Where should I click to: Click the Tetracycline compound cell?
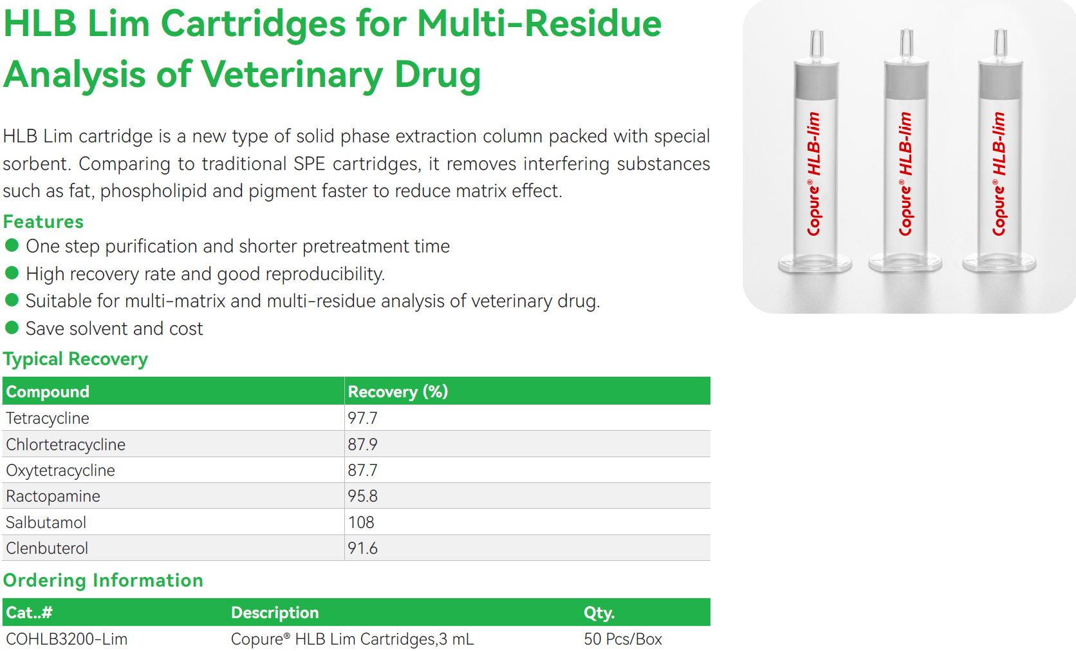coord(48,419)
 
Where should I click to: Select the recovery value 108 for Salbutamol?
coord(361,522)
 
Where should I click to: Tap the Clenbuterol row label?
coord(46,548)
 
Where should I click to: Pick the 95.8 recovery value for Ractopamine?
coord(363,496)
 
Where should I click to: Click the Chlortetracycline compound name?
coord(66,444)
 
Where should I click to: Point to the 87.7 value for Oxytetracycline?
coord(363,470)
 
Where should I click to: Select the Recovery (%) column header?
coord(398,392)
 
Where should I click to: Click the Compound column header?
coord(48,392)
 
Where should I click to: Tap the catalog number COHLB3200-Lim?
coord(67,639)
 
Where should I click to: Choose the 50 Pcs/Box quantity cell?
coord(623,639)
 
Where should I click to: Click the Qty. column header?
coord(599,613)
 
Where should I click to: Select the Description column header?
coord(275,612)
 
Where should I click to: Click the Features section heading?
coord(43,222)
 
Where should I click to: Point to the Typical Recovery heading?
coord(75,359)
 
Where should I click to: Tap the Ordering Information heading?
coord(103,580)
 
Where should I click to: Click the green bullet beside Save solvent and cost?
coord(12,328)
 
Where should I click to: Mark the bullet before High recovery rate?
coord(12,273)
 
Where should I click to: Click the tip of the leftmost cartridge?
coord(817,32)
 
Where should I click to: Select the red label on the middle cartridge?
coord(906,174)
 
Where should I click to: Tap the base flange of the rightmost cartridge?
coord(999,263)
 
